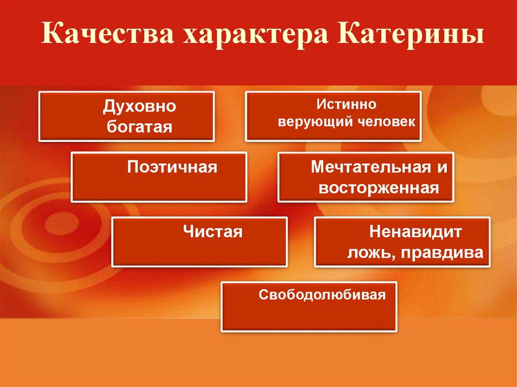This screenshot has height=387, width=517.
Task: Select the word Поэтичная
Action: click(x=172, y=167)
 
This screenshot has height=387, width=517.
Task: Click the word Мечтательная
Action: click(x=367, y=168)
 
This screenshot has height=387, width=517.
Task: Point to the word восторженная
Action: click(x=378, y=188)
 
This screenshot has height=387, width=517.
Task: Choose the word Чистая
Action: click(x=213, y=232)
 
